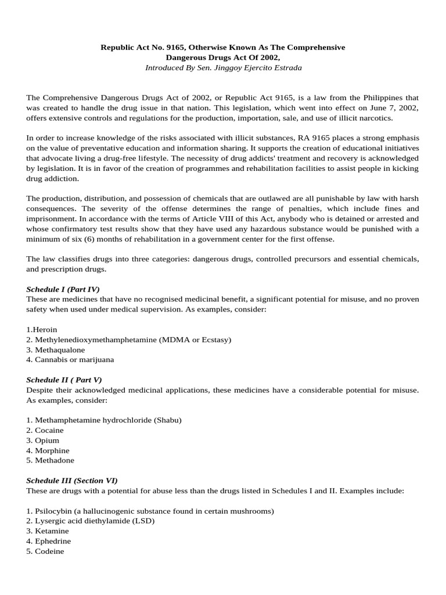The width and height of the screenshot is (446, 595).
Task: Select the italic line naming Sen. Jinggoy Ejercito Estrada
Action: point(223,67)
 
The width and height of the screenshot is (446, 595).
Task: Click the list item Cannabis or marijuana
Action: point(70,359)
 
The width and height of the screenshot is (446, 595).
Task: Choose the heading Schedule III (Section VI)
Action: point(72,480)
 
